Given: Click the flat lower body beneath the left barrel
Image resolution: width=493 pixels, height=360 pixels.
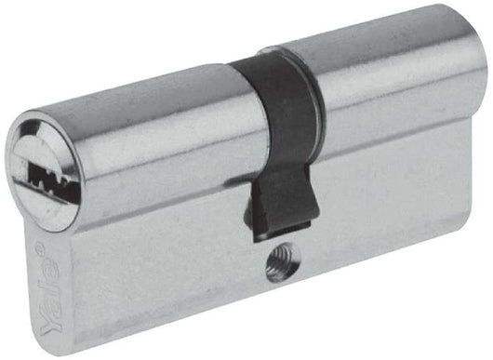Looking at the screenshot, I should click(140, 279).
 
